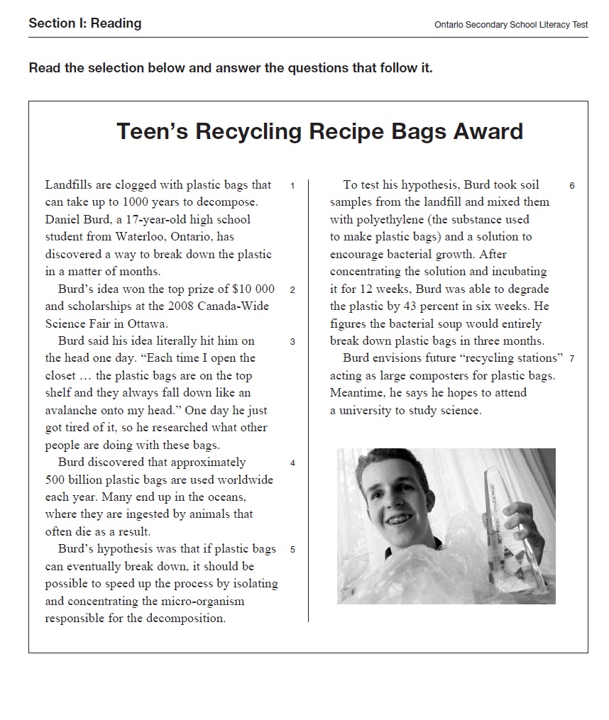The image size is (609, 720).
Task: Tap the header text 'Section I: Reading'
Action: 84,23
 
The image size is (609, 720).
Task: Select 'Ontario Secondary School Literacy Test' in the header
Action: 510,25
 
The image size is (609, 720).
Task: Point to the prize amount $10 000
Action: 253,289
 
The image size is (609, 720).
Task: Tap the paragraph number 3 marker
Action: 292,342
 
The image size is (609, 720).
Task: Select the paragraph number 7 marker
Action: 571,359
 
